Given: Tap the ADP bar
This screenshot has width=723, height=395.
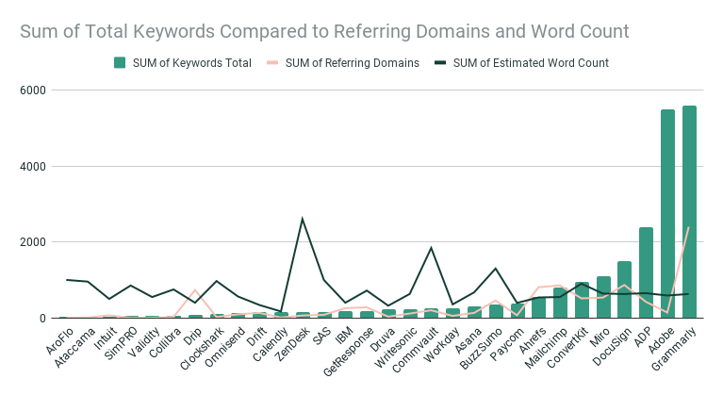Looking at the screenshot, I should (646, 273).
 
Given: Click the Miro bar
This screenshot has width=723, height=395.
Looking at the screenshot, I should (603, 298).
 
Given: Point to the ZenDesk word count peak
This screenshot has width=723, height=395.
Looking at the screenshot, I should (303, 219).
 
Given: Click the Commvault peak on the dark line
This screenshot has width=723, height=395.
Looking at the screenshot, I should (431, 248).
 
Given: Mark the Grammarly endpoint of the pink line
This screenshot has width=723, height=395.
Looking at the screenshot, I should (689, 227).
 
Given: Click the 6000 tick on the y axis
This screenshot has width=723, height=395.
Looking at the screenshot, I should (36, 91).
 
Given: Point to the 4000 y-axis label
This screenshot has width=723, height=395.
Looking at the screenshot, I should (36, 167).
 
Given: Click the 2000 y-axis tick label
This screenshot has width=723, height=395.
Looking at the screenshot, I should (36, 242).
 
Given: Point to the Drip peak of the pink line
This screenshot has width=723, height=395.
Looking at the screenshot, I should (195, 290).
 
